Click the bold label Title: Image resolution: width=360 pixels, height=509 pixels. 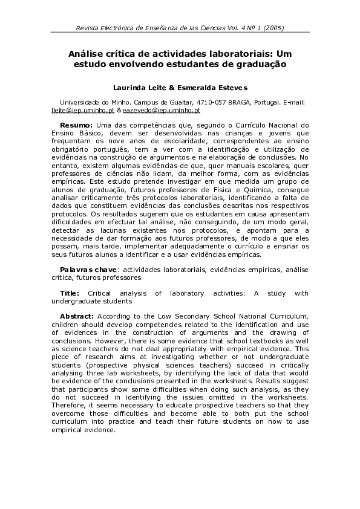tap(70, 293)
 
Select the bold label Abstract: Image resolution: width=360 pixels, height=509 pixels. tap(77, 316)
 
